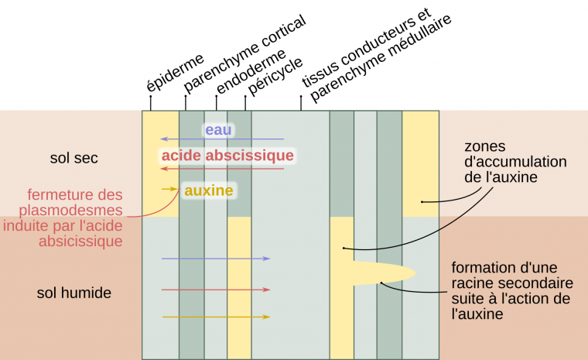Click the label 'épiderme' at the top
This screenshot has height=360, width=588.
[x=176, y=71]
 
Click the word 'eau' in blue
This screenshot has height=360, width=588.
[x=218, y=130]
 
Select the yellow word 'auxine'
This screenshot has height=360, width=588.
[x=208, y=189]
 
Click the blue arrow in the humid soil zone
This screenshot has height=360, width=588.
[x=216, y=259]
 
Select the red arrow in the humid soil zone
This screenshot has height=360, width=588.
[x=216, y=290]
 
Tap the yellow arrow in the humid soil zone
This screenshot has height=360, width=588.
[x=216, y=317]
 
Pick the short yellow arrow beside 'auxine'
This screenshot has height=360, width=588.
[x=169, y=189]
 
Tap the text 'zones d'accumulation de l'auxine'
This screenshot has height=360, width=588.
[x=504, y=162]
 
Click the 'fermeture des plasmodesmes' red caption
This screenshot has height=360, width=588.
[x=75, y=218]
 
